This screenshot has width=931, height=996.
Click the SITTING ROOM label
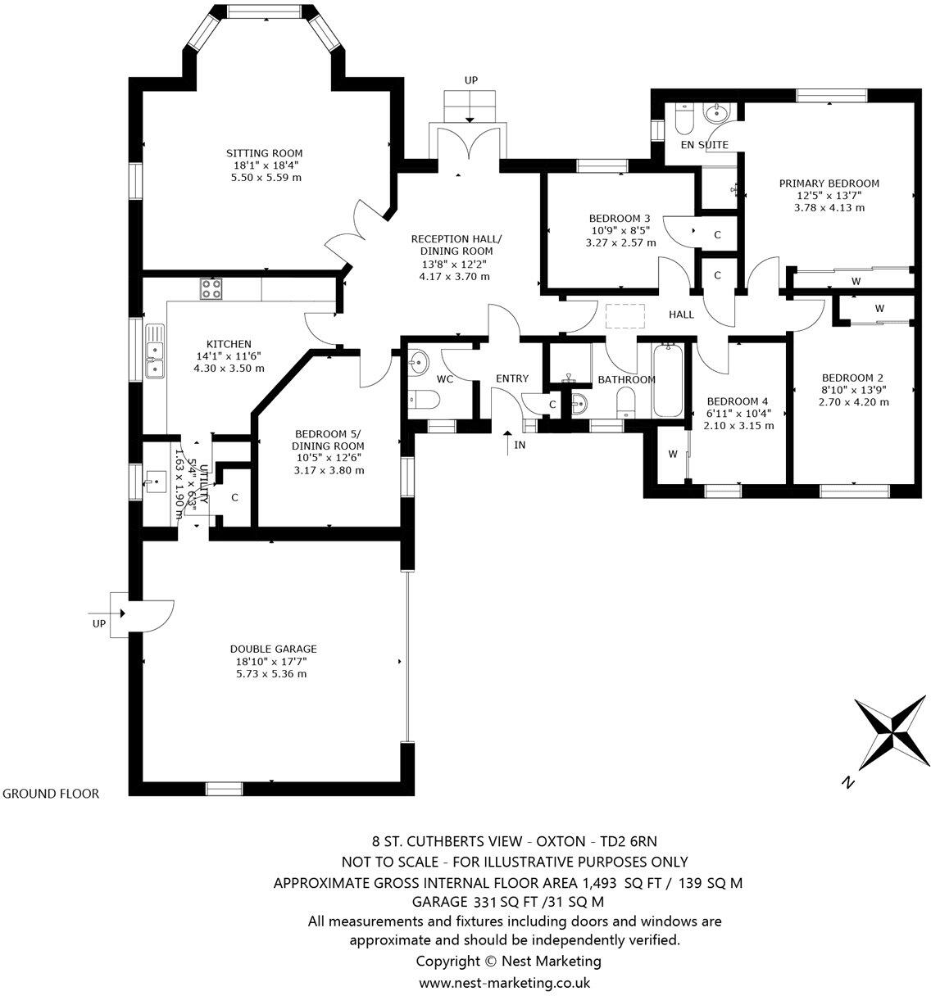[x=264, y=153]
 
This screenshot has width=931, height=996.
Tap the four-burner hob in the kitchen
[x=211, y=288]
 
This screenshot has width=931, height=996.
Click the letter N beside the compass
[x=848, y=783]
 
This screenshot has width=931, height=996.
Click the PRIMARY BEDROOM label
[x=829, y=183]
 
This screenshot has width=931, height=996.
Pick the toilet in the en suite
[x=683, y=120]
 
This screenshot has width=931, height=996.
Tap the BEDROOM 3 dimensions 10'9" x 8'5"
[x=620, y=230]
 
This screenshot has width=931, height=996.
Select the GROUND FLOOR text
[x=51, y=794]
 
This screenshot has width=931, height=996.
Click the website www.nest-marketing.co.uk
[x=503, y=983]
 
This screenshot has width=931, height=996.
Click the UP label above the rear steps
[x=470, y=80]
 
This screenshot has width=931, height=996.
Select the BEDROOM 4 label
[x=738, y=401]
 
